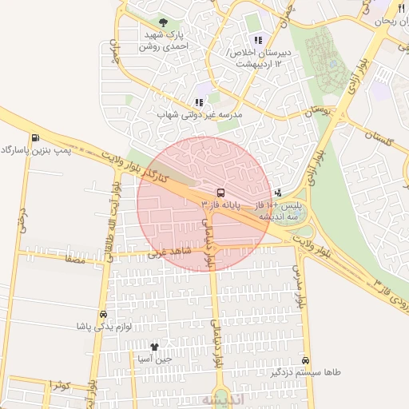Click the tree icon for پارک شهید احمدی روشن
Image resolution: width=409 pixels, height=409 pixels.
pos(164,23)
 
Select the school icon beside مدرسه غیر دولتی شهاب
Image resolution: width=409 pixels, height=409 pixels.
pos(199,102)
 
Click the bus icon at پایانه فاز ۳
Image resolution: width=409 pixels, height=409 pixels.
pos(220,193)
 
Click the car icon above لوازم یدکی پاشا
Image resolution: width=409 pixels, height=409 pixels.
pos(102,314)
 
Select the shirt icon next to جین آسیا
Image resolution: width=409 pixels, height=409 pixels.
pos(154,347)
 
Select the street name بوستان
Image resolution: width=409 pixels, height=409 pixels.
pos(317,109)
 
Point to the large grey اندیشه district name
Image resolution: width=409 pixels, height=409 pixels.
pos(217,399)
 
